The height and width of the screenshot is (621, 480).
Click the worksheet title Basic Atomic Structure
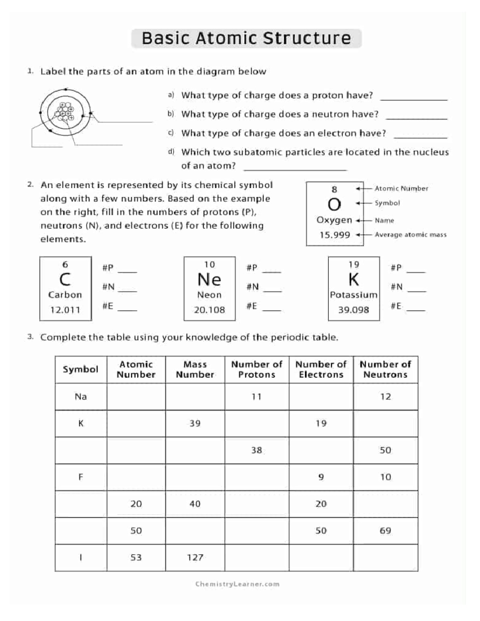click(x=246, y=38)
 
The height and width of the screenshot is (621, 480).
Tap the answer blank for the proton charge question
click(x=414, y=97)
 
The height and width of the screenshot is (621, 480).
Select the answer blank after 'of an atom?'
click(x=295, y=168)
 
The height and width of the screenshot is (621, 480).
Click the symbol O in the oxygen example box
click(x=334, y=204)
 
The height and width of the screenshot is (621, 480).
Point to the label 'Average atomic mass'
click(x=410, y=235)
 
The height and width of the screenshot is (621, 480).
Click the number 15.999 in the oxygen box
click(x=334, y=235)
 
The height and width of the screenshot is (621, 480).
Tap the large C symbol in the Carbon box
click(x=65, y=279)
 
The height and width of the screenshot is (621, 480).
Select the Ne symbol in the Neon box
click(x=209, y=279)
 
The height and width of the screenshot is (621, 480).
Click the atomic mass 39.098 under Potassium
click(x=354, y=310)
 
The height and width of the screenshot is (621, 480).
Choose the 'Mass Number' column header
click(x=195, y=369)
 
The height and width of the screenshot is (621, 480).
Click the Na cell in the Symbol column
click(x=81, y=397)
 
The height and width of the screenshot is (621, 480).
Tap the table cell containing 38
click(x=256, y=450)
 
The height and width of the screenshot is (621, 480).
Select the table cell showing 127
click(x=195, y=557)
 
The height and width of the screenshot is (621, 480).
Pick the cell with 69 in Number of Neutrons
click(x=385, y=531)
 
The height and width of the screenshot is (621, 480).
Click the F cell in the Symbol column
click(x=81, y=477)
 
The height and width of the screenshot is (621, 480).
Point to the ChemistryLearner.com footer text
click(x=237, y=584)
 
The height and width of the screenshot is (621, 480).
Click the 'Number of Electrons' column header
click(x=321, y=369)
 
